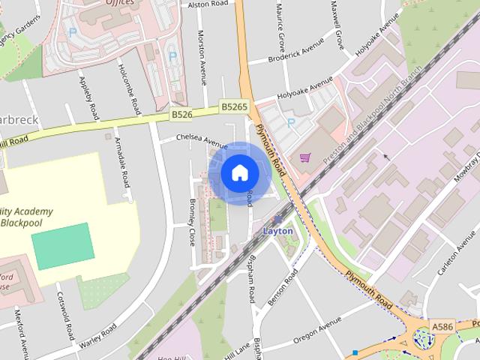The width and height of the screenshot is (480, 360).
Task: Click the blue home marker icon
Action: [x=239, y=173]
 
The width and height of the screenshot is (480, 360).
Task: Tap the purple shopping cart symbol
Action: [x=305, y=157]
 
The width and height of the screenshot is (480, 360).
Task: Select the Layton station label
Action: [x=277, y=231]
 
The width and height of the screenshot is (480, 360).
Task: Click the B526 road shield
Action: [x=181, y=115]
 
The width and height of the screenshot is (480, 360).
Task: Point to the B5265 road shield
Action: [x=234, y=108]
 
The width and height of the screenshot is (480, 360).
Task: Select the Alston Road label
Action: [x=208, y=4]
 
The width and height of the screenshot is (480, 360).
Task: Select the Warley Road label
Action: [x=98, y=336]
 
